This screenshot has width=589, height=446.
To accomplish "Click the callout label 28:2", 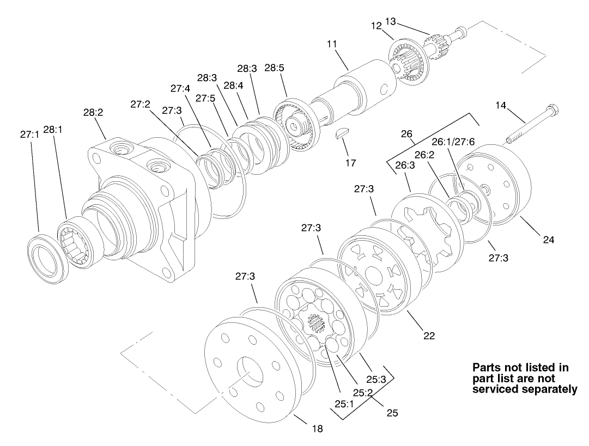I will pos(94,113).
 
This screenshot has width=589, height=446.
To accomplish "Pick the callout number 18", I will pos(317,429).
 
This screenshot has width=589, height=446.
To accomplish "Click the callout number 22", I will pos(429,336).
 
